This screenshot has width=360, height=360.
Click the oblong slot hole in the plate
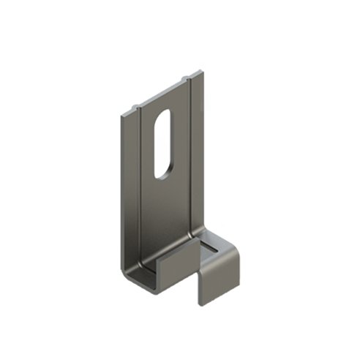point(163,143)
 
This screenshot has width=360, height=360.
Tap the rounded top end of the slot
point(165,115)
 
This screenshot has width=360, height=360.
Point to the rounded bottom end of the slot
point(162,173)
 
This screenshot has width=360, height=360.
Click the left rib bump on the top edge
point(137,107)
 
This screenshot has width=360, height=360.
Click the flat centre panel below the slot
point(165,212)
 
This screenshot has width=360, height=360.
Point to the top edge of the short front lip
point(176,249)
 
